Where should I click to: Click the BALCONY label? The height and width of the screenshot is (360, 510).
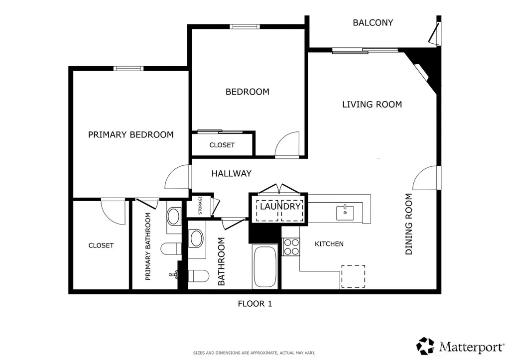pyautogui.click(x=373, y=22)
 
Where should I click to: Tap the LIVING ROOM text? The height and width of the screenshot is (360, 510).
pyautogui.click(x=372, y=105)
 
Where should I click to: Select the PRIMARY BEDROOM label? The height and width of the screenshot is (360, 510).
pyautogui.click(x=131, y=134)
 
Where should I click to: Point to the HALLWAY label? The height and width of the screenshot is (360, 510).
pyautogui.click(x=231, y=173)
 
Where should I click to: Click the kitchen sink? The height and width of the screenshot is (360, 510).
pyautogui.click(x=345, y=213)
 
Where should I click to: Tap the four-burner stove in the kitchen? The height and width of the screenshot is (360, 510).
pyautogui.click(x=291, y=247)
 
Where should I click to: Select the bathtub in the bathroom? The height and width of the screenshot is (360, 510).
pyautogui.click(x=265, y=267)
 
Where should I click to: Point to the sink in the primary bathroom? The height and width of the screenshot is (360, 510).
pyautogui.click(x=173, y=217)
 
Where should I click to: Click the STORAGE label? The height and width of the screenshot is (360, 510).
pyautogui.click(x=200, y=206)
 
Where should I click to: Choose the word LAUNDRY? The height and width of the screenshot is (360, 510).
pyautogui.click(x=280, y=206)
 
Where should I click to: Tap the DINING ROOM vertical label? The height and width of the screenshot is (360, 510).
pyautogui.click(x=408, y=224)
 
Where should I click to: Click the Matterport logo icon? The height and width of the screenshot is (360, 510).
pyautogui.click(x=425, y=346)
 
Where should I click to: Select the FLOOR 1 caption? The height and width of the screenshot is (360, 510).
pyautogui.click(x=255, y=304)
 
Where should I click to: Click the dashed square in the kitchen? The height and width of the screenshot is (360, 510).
pyautogui.click(x=353, y=276)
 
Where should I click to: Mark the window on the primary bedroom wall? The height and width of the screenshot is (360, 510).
pyautogui.click(x=128, y=68)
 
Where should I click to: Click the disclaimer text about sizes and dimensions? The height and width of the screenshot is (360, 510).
pyautogui.click(x=254, y=353)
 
